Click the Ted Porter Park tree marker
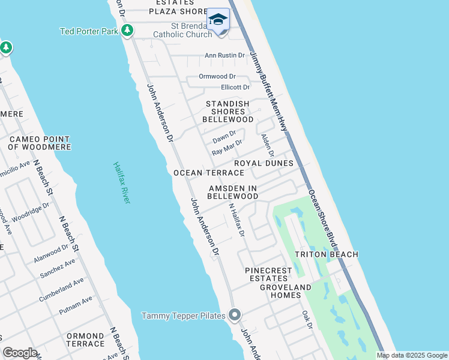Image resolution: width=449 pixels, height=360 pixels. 127,31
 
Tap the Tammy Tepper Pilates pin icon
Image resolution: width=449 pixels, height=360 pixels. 235,315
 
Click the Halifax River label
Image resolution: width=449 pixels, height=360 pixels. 121,182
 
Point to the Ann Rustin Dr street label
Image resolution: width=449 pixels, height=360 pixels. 225,55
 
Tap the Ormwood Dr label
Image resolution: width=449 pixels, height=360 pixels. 217,77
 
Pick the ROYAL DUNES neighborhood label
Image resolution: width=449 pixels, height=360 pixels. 264,163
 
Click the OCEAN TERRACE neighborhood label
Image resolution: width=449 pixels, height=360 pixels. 209,173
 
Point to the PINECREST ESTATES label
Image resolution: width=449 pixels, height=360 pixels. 269,274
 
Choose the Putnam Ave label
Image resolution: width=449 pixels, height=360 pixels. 76,307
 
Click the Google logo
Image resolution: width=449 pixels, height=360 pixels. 20,353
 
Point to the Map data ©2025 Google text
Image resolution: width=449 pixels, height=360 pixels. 411,355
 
